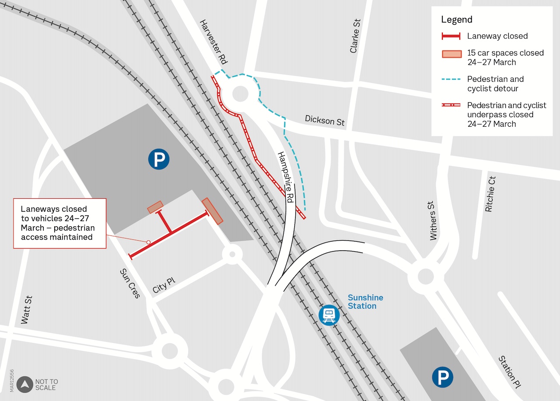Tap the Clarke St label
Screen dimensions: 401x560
(355, 36)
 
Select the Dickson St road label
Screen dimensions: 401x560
(325, 120)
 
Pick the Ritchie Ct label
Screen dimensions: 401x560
(490, 194)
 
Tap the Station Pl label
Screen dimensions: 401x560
(510, 372)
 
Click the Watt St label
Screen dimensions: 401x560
(27, 310)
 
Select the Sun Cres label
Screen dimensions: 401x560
(130, 283)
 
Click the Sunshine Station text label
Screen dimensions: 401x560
(365, 302)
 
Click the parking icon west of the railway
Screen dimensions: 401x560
(158, 159)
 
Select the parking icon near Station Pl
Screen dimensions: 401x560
(442, 377)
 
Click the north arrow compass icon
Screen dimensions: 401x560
(25, 384)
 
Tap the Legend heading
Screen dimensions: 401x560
(456, 20)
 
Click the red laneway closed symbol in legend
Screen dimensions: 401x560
(451, 36)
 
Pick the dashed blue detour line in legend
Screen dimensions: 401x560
(451, 80)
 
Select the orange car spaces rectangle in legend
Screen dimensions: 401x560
(451, 54)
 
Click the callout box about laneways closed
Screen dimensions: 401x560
(59, 223)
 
